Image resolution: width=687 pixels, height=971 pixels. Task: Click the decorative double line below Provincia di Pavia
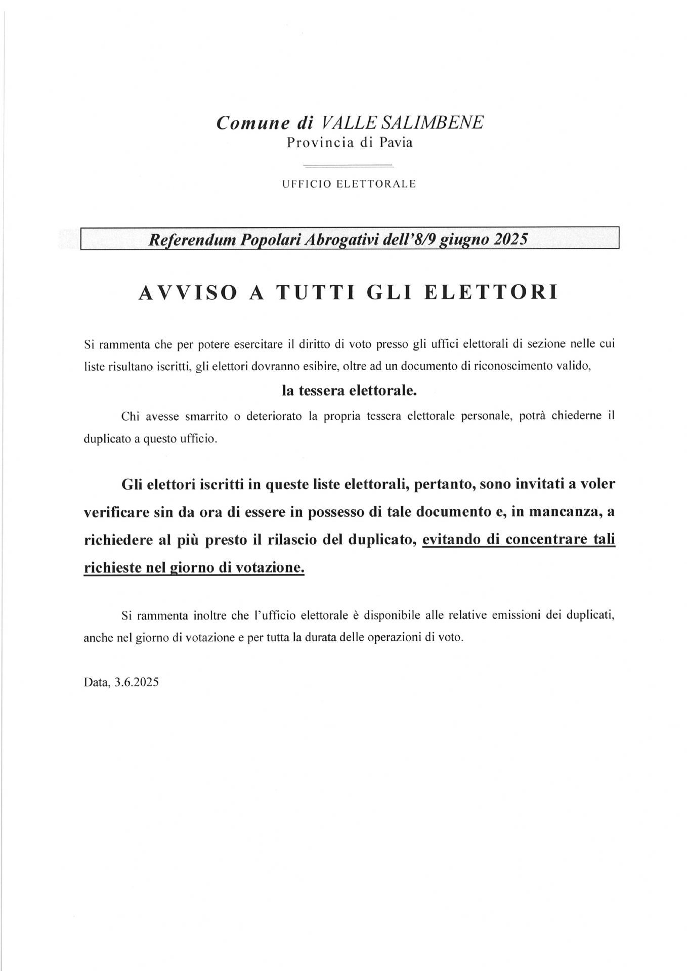348,165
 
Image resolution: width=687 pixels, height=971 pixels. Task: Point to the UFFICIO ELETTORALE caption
349,184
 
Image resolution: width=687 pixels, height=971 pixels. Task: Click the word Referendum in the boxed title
191,239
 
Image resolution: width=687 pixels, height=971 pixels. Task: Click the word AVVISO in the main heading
188,293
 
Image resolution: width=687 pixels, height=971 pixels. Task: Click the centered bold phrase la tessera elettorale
350,391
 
